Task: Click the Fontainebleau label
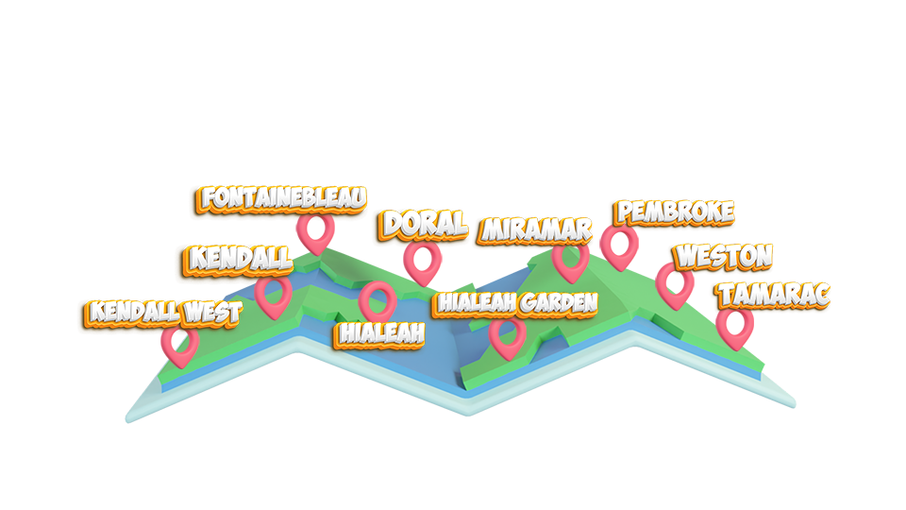tap(283, 199)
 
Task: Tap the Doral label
tap(425, 224)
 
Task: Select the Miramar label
tap(536, 229)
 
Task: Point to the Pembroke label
tap(674, 212)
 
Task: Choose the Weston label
tap(724, 256)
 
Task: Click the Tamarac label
tap(774, 295)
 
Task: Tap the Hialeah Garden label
tap(516, 303)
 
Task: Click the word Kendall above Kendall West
tap(241, 258)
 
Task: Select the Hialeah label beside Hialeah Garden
tap(381, 333)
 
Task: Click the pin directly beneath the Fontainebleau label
tap(314, 231)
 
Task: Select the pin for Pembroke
tap(618, 245)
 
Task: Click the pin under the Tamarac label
tap(733, 325)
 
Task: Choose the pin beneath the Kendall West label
tap(178, 344)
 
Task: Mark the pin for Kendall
tap(274, 294)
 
